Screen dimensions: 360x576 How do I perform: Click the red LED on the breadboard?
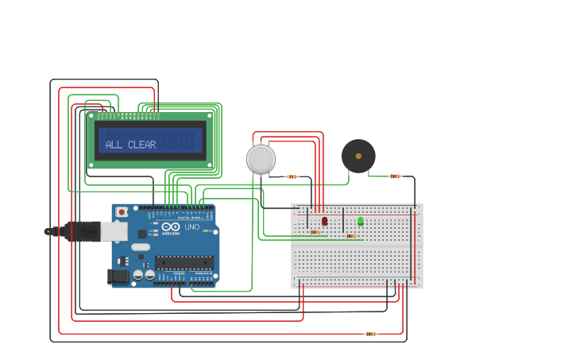[x=324, y=221]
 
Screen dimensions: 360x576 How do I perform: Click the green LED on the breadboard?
[x=360, y=221]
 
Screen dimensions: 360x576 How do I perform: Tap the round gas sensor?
[x=261, y=159]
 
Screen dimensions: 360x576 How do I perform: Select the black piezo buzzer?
[x=358, y=156]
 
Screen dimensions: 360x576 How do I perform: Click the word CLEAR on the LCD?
[x=142, y=145]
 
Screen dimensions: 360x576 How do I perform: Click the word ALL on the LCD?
[x=114, y=145]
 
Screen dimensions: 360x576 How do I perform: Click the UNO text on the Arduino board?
[x=191, y=226]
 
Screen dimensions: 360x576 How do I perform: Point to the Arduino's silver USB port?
[x=114, y=231]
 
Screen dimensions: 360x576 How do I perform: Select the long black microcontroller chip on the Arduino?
[x=184, y=262]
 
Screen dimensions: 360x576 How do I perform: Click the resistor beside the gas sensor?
[x=292, y=176]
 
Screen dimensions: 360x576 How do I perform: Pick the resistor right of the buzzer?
[x=395, y=176]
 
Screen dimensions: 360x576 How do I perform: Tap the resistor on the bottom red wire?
[x=370, y=334]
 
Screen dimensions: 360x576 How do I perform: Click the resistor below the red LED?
[x=315, y=232]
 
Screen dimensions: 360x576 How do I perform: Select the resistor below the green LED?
[x=350, y=236]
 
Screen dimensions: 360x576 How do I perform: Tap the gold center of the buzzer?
[x=358, y=156]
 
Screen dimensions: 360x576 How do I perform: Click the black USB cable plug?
[x=79, y=231]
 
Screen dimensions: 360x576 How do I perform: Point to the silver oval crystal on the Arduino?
[x=141, y=247]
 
